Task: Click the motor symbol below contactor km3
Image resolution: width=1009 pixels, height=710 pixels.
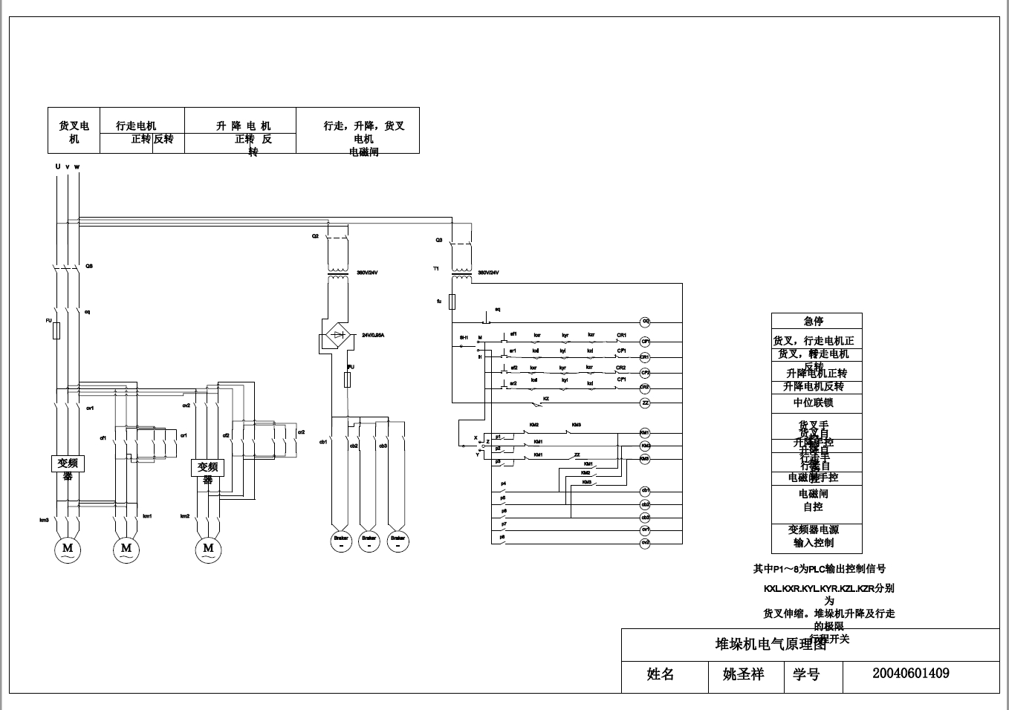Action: tap(68, 549)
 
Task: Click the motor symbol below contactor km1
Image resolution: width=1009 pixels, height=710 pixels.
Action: tap(126, 549)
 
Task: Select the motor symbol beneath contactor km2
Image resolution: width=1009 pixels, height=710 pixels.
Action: tap(208, 549)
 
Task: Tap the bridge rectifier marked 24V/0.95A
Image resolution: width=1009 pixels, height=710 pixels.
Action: tap(338, 335)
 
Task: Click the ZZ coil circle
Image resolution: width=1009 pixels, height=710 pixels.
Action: tap(645, 403)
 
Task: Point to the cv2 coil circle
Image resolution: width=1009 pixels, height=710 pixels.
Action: tap(645, 543)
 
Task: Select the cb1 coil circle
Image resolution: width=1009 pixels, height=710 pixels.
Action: tap(645, 491)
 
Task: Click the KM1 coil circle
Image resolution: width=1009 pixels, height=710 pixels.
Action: tap(645, 432)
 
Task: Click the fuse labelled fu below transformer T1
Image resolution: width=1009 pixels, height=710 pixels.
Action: tap(452, 301)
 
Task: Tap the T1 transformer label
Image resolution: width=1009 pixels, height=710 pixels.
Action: tap(436, 268)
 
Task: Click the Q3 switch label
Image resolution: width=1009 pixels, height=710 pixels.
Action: tap(439, 241)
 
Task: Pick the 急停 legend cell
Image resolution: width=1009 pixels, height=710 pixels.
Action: tap(816, 321)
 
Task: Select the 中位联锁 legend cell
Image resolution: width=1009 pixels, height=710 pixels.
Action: tap(816, 403)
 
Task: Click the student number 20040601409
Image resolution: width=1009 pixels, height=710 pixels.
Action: tap(910, 674)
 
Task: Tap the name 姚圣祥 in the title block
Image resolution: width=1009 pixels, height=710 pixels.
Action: tap(743, 674)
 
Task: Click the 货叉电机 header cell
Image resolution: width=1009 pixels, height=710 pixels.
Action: tap(74, 131)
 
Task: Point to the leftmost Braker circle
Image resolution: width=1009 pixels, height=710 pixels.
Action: tap(341, 541)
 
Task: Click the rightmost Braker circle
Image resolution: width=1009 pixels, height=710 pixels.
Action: tap(398, 541)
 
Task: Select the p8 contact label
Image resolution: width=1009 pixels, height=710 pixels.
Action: tap(503, 536)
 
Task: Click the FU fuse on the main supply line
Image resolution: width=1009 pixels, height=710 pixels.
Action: tap(56, 330)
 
